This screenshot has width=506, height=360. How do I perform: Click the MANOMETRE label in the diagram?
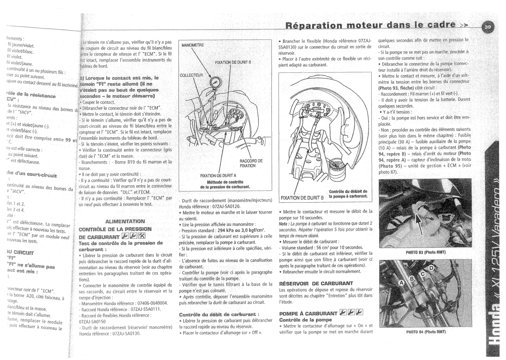point(193,45)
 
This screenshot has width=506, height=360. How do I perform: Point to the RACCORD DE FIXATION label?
point(251,163)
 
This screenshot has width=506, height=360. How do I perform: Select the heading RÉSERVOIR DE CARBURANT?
point(316,283)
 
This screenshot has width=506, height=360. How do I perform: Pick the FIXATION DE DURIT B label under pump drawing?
point(301,198)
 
